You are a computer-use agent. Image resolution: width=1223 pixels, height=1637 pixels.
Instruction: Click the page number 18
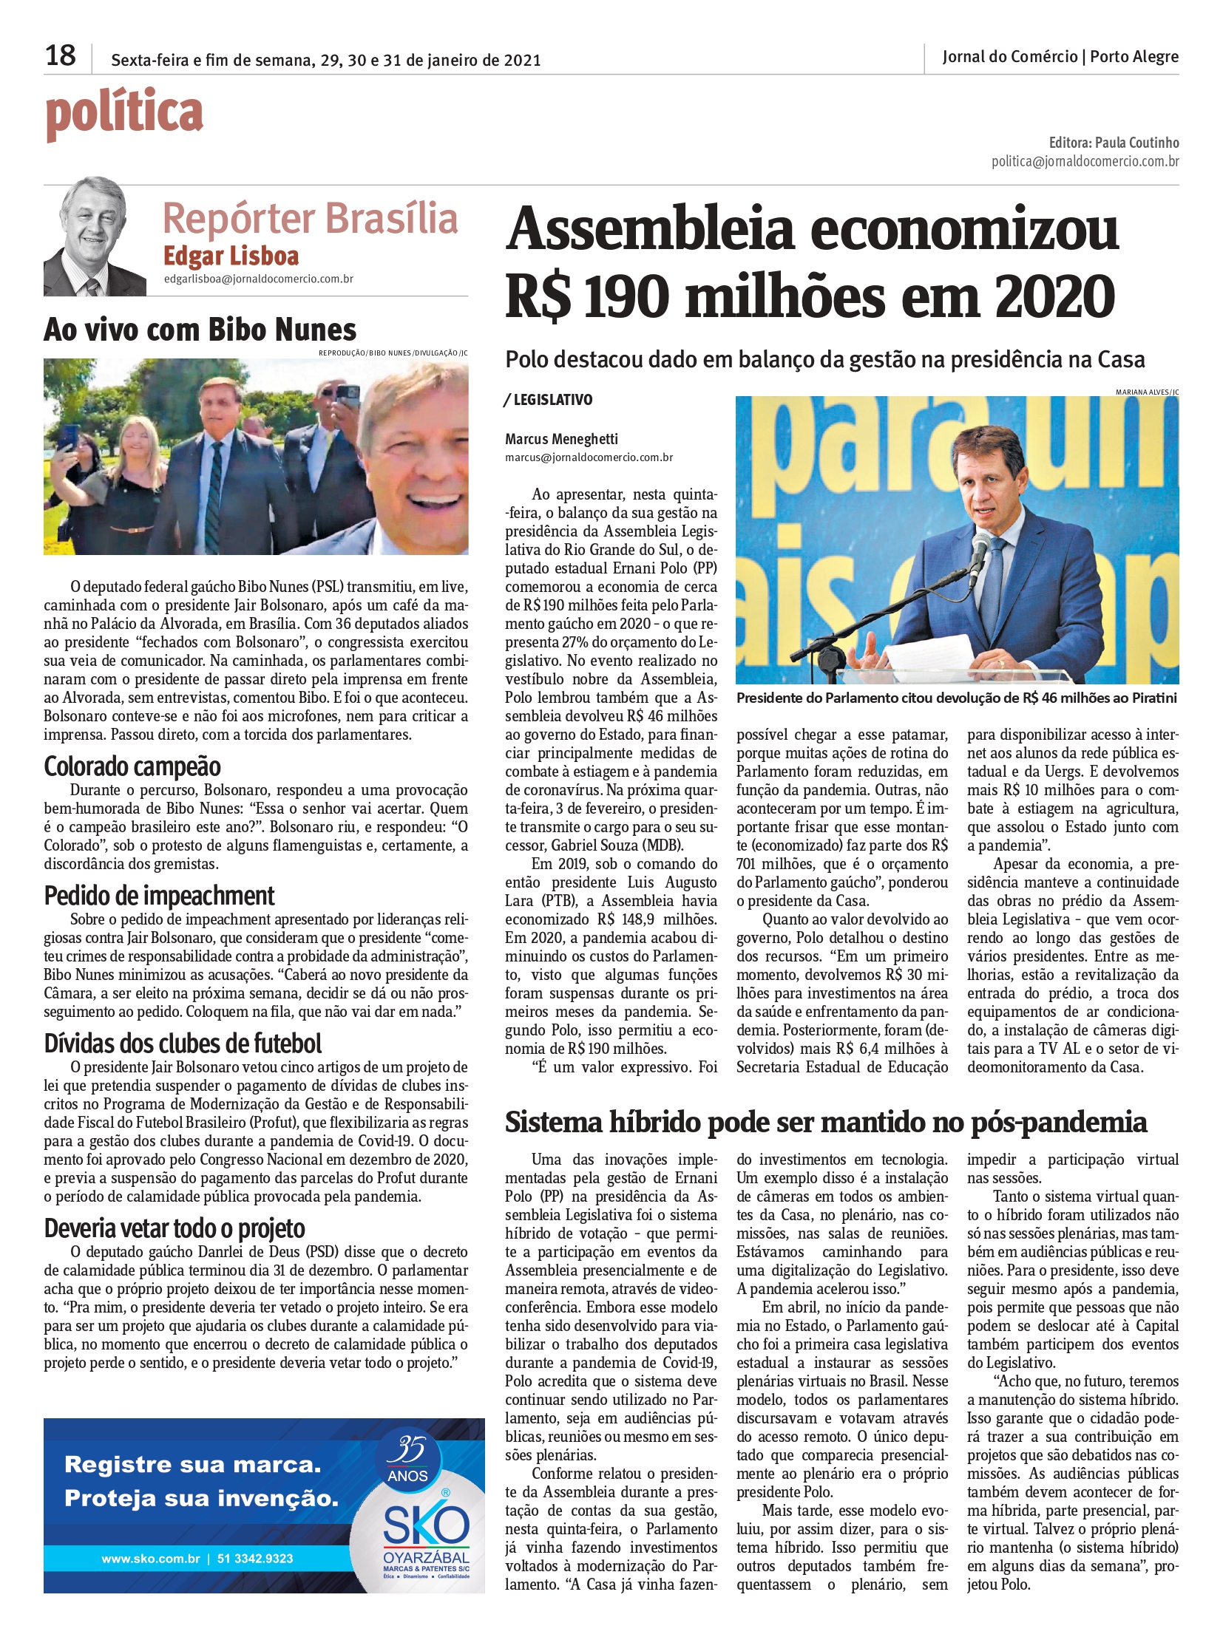[60, 55]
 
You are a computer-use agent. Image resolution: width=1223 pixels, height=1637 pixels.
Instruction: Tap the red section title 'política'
[124, 113]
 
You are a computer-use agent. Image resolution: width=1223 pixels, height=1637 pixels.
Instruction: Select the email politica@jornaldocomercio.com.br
[1085, 161]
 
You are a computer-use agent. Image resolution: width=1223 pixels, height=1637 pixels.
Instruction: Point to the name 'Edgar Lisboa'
[231, 256]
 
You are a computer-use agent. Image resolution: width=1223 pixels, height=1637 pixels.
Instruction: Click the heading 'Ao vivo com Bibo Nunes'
[200, 330]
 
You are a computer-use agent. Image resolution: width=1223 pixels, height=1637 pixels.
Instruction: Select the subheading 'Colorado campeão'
[132, 766]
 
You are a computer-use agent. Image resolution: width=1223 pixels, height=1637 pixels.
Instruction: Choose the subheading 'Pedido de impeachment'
[159, 896]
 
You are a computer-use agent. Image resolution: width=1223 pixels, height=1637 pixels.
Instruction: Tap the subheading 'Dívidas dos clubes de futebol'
[183, 1044]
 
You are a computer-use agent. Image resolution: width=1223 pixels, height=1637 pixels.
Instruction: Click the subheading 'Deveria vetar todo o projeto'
[175, 1228]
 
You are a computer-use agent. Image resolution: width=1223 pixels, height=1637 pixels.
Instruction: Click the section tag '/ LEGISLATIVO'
[549, 400]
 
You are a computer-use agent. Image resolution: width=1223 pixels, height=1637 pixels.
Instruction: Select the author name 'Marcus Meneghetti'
[561, 439]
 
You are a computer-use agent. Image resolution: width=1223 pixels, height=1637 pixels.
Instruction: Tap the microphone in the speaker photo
[980, 554]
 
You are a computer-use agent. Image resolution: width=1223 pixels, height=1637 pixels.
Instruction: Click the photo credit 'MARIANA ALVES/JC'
[1147, 392]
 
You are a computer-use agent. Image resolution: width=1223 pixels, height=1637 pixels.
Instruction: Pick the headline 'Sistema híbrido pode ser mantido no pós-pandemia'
[825, 1123]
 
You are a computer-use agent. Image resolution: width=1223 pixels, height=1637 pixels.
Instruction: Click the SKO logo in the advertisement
[426, 1526]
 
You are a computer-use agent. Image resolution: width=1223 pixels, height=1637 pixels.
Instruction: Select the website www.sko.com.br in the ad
[151, 1559]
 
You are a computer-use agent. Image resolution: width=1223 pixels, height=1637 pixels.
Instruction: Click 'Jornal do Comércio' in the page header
[1009, 57]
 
